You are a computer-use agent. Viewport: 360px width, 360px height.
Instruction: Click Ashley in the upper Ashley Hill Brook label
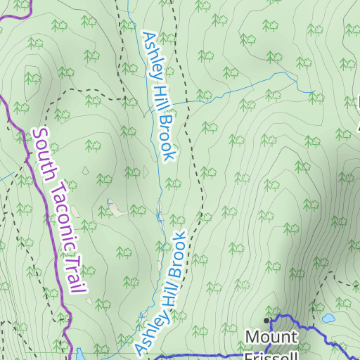click(x=150, y=51)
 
